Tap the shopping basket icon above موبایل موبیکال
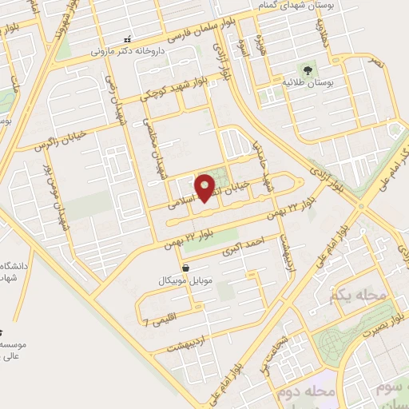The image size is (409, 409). [x=186, y=268]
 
